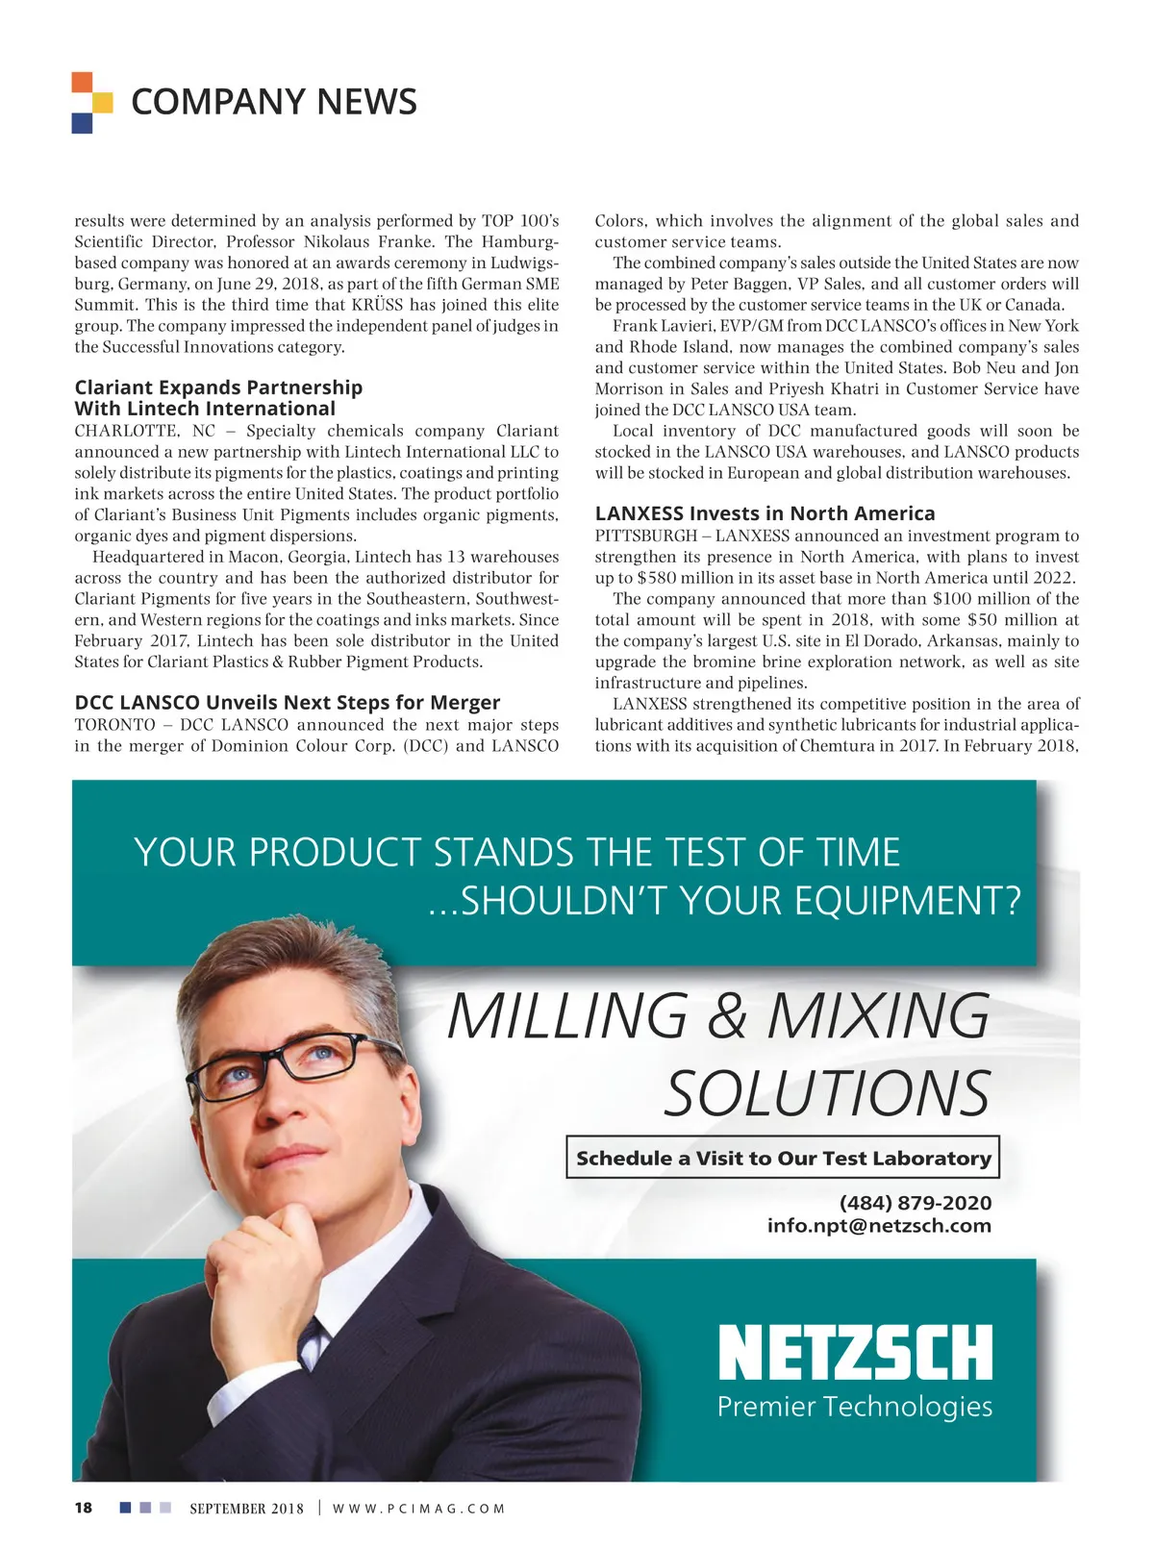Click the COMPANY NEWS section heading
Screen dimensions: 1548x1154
click(273, 102)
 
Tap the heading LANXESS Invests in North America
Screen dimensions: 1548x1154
click(765, 513)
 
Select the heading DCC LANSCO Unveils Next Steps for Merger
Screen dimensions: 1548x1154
click(288, 703)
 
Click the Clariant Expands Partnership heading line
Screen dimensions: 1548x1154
click(218, 387)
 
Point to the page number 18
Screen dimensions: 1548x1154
click(84, 1508)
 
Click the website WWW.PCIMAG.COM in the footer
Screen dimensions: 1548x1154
click(418, 1509)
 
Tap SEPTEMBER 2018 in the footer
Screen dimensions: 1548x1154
click(246, 1509)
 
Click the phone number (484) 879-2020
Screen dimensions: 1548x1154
click(915, 1203)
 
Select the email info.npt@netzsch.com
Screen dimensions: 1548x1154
click(878, 1226)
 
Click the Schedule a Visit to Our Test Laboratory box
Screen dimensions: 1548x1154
click(783, 1159)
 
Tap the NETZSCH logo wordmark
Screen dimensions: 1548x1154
click(854, 1353)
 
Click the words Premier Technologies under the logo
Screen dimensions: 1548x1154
click(854, 1407)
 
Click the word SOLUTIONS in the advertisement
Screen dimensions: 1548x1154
click(827, 1094)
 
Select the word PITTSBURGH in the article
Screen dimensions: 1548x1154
click(645, 536)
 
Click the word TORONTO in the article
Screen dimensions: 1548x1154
click(114, 725)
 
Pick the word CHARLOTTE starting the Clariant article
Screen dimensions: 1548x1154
click(124, 431)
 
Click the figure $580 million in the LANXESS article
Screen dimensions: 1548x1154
click(661, 578)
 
